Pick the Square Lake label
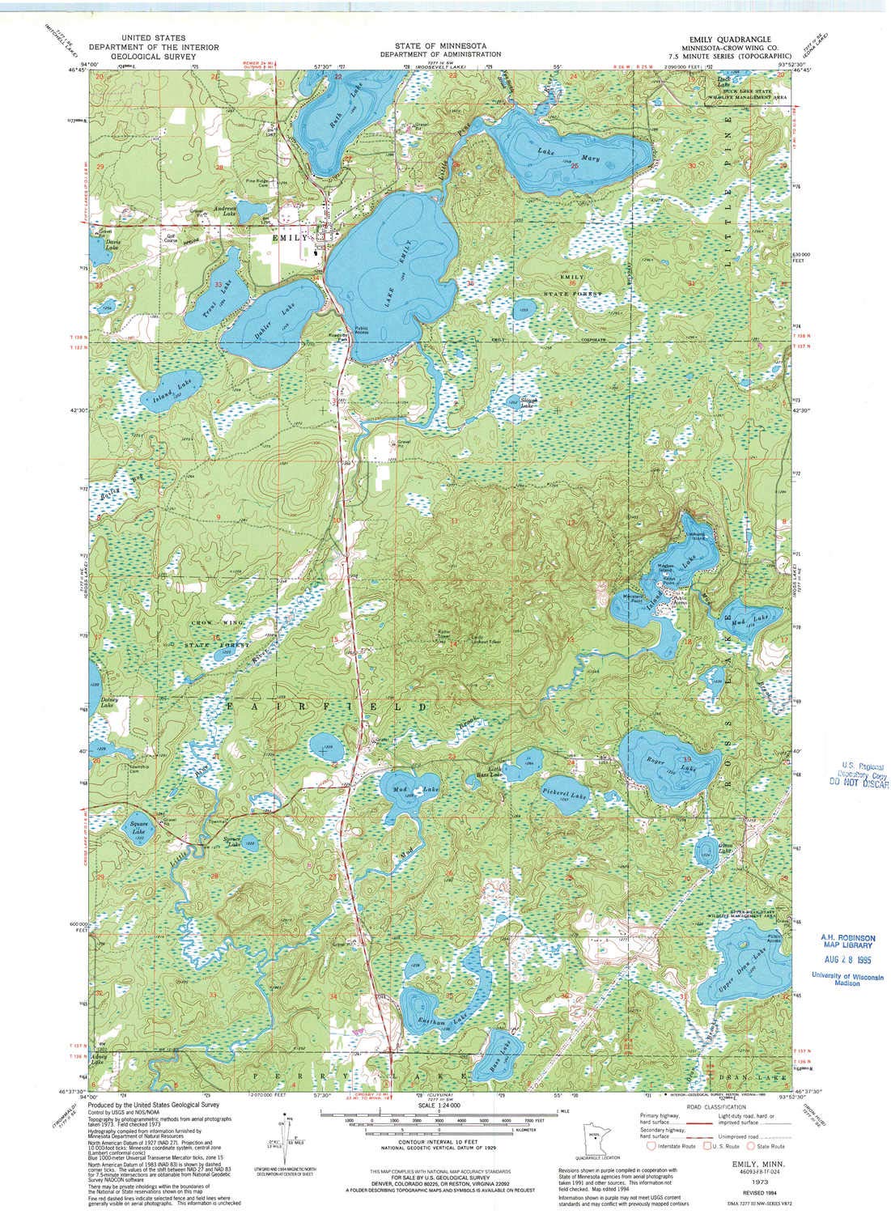pyautogui.click(x=138, y=828)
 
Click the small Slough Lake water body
pyautogui.click(x=515, y=401)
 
